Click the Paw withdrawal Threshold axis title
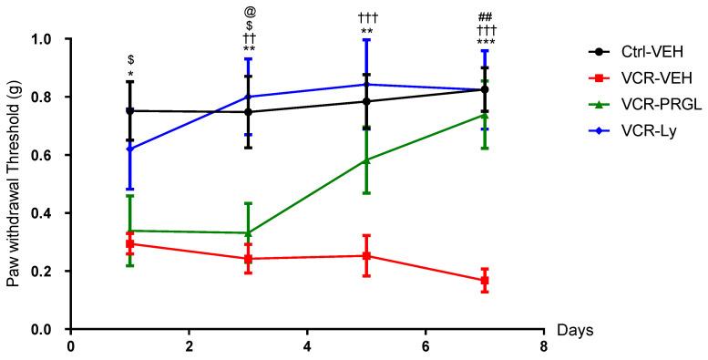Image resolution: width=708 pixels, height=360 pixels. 15,182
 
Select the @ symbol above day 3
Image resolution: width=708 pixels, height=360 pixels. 249,13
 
